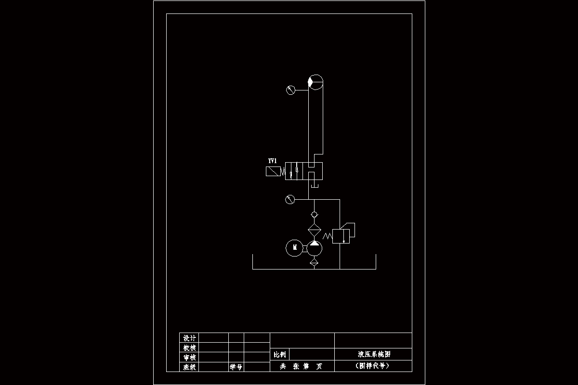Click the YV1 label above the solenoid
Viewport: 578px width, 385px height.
tap(273, 160)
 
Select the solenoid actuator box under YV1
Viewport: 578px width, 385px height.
tap(273, 171)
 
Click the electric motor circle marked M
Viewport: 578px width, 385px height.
tap(294, 248)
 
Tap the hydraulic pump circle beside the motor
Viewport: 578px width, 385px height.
tap(314, 248)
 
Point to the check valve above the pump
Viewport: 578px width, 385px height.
tap(314, 214)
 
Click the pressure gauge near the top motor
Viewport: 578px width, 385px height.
tap(290, 90)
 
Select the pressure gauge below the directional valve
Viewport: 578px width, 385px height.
tap(289, 199)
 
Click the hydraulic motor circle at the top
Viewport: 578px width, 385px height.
tap(315, 82)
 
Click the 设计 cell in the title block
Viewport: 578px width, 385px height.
tap(189, 337)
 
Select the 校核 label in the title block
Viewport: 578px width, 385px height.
tap(189, 347)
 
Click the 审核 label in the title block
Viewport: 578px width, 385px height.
tap(189, 358)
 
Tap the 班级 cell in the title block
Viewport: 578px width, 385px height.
tap(189, 367)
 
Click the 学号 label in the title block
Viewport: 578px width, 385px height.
tap(236, 367)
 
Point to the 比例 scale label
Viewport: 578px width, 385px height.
tap(279, 355)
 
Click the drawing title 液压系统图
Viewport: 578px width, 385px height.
tap(373, 354)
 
